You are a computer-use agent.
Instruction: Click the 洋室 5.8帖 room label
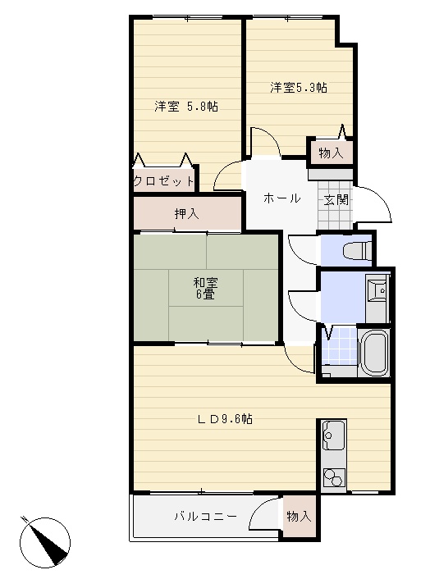point(185,107)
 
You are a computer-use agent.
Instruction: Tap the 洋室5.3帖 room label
point(299,88)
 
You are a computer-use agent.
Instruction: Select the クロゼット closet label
point(163,181)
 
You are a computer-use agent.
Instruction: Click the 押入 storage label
point(186,213)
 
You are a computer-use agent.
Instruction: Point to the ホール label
point(281,198)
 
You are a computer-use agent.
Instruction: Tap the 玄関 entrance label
point(336,200)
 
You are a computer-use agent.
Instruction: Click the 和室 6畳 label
point(205,289)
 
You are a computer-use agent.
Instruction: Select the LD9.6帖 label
point(225,419)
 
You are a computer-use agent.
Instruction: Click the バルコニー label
point(205,516)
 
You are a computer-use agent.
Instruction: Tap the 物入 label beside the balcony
point(300,516)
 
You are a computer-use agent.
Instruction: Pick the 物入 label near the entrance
point(331,153)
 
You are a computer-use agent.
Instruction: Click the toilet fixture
point(357,251)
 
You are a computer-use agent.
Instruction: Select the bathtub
point(373,352)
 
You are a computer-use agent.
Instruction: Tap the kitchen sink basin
point(334,435)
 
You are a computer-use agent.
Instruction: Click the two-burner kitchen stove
point(334,477)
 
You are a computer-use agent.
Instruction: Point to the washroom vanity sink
point(377,289)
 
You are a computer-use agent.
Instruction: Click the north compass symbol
point(44,542)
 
